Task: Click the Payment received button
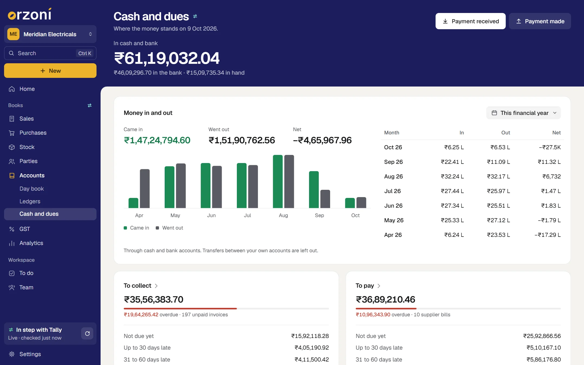pyautogui.click(x=470, y=21)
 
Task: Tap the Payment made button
pyautogui.click(x=540, y=21)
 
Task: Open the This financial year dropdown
pyautogui.click(x=523, y=113)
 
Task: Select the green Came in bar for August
pyautogui.click(x=278, y=181)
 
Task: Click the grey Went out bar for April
pyautogui.click(x=145, y=188)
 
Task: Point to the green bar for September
pyautogui.click(x=314, y=190)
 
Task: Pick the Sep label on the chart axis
pyautogui.click(x=319, y=215)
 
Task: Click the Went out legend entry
pyautogui.click(x=170, y=228)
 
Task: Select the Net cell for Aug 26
pyautogui.click(x=552, y=177)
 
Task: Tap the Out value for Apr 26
pyautogui.click(x=499, y=235)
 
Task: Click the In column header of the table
pyautogui.click(x=462, y=133)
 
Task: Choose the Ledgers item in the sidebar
pyautogui.click(x=30, y=201)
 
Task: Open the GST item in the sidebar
pyautogui.click(x=25, y=229)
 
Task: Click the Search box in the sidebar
pyautogui.click(x=50, y=53)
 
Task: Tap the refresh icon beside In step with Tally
pyautogui.click(x=87, y=334)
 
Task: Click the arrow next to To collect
pyautogui.click(x=156, y=286)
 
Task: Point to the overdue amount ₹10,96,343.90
pyautogui.click(x=373, y=315)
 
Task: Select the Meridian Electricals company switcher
pyautogui.click(x=50, y=34)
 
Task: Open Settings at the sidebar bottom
pyautogui.click(x=30, y=354)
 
